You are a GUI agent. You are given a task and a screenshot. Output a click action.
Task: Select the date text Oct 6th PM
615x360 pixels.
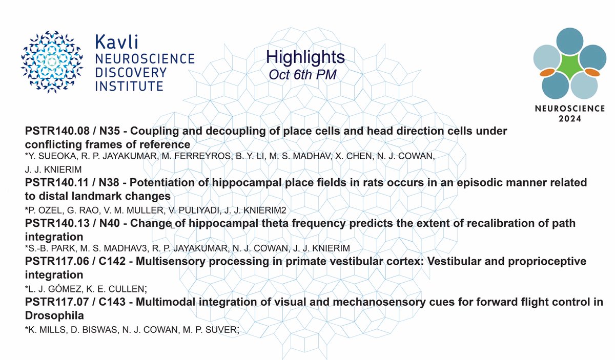[302, 74]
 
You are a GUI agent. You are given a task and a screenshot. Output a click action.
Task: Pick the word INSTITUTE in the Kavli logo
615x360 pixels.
[129, 86]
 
